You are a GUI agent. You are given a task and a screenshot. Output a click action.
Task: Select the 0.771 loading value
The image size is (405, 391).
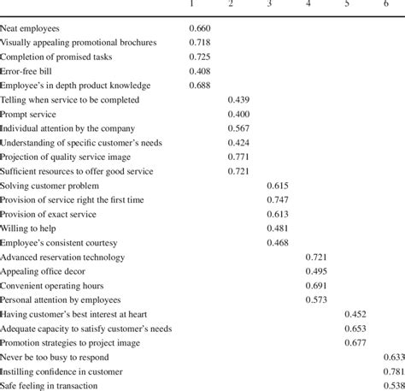click(x=239, y=157)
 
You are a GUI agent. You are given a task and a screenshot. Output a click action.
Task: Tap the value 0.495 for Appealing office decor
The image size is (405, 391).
click(x=317, y=271)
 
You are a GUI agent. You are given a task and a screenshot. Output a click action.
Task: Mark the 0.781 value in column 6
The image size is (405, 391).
click(x=394, y=371)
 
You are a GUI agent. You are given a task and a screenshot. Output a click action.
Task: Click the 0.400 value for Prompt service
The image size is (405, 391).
click(x=239, y=114)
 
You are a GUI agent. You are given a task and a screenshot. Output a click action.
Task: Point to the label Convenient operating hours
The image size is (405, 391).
click(x=56, y=286)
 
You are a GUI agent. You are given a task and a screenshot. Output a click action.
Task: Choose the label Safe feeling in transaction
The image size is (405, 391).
click(x=56, y=386)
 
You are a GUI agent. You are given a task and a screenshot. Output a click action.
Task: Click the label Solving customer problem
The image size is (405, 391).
click(x=50, y=186)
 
